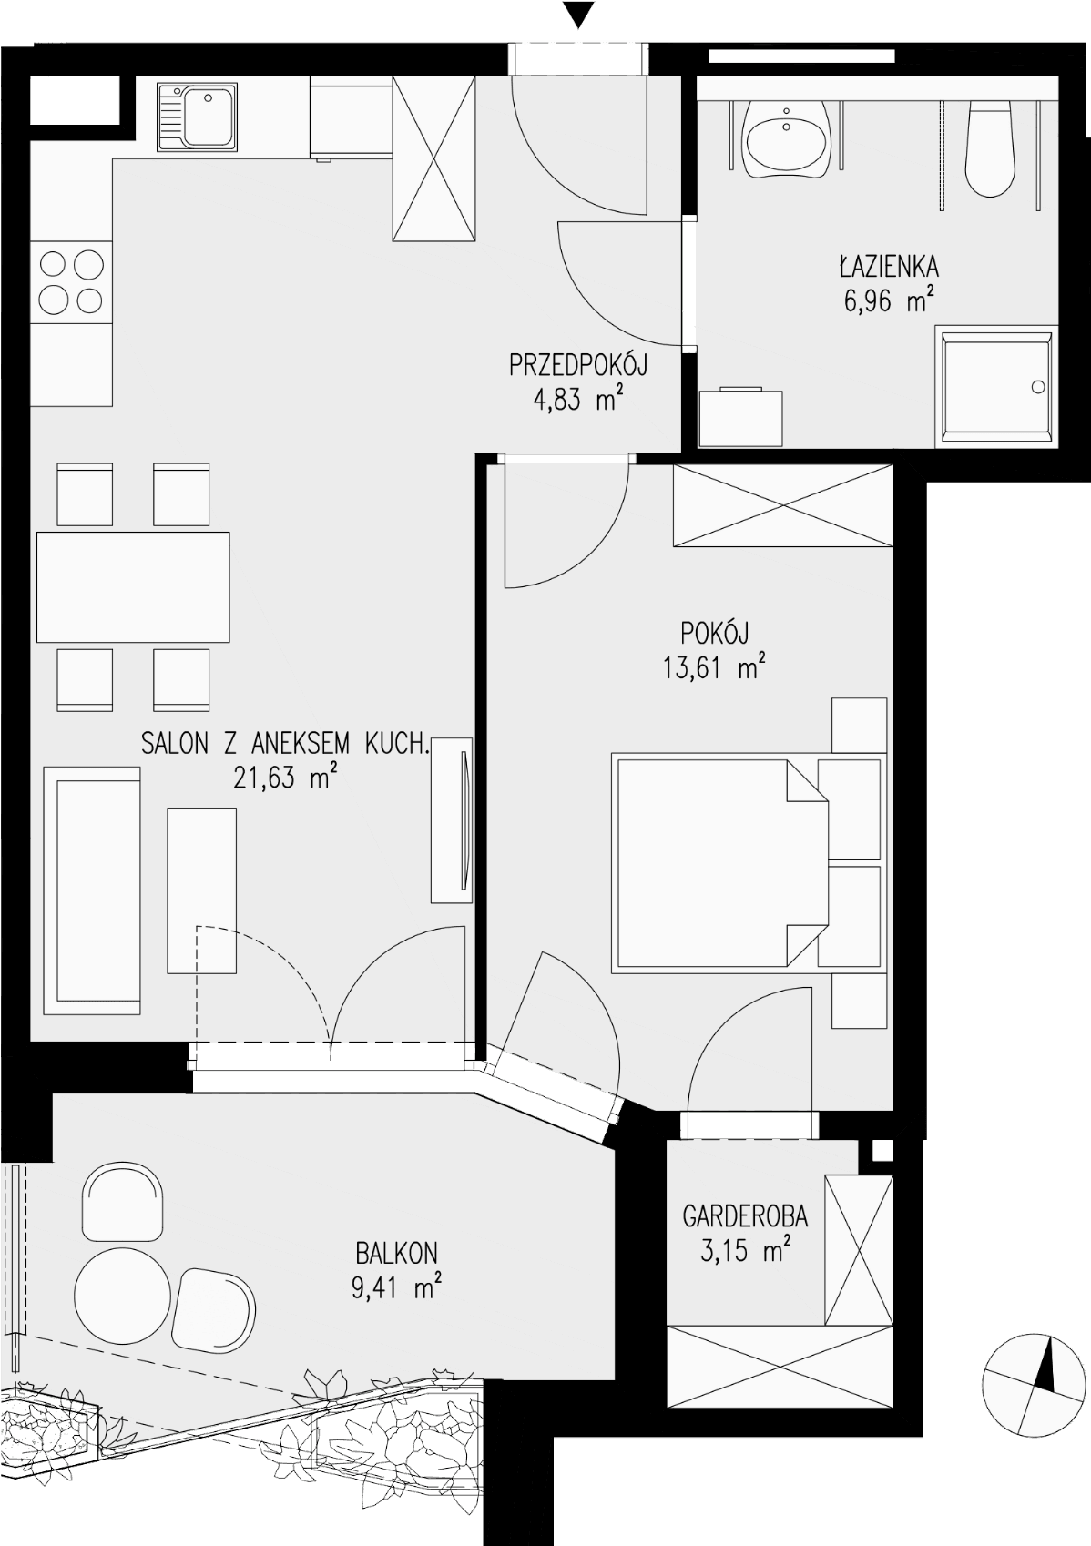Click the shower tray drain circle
1038,387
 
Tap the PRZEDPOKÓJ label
578,364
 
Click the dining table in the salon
133,587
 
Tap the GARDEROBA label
745,1216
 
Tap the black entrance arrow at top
578,14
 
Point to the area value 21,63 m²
285,778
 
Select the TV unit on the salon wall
453,820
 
